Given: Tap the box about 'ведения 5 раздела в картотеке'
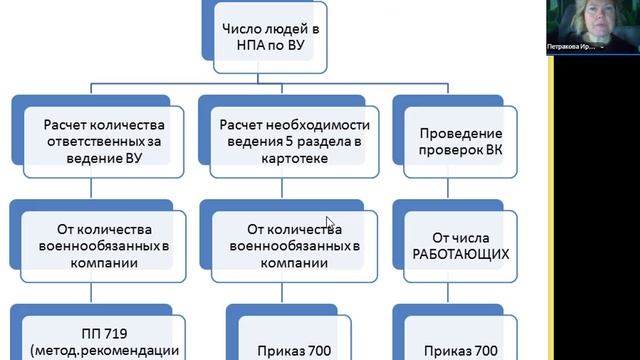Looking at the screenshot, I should (292, 140).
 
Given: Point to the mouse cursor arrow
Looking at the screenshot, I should (329, 224).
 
